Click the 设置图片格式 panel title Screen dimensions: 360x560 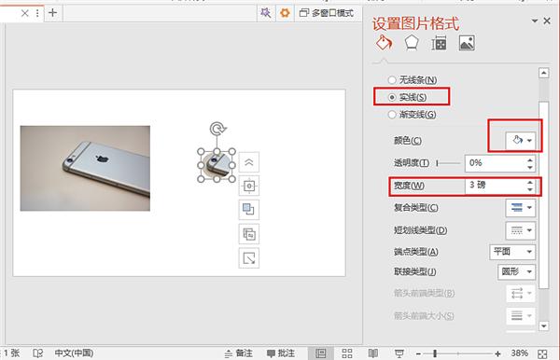point(416,22)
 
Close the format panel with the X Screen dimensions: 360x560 point(548,21)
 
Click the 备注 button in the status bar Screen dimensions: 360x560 point(237,353)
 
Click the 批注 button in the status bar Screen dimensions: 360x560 point(284,353)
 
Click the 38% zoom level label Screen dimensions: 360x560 point(545,353)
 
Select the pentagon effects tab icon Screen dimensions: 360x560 point(411,43)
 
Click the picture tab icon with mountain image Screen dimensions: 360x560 point(467,43)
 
